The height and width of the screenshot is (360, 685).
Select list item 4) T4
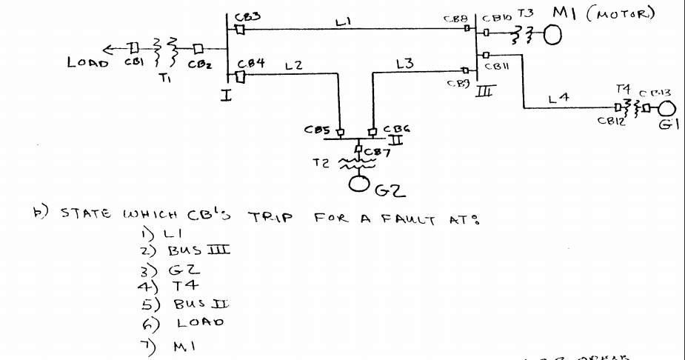167,287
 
